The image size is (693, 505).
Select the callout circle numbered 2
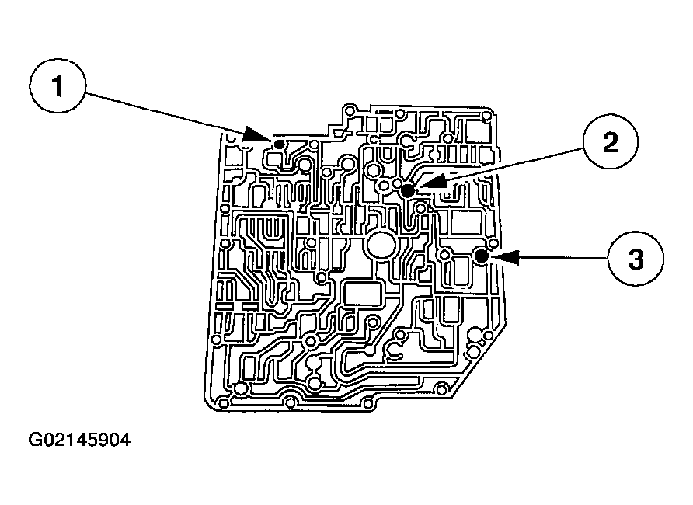point(610,145)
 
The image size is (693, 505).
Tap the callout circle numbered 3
point(636,259)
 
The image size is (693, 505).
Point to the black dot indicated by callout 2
point(406,190)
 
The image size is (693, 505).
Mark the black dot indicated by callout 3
point(482,255)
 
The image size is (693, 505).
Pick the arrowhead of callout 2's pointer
point(427,185)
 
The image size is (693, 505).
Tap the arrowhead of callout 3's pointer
point(501,256)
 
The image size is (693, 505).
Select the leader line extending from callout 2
point(513,165)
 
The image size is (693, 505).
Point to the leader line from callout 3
point(559,257)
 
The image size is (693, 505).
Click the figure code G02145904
point(79,441)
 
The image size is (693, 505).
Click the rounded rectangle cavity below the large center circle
point(361,294)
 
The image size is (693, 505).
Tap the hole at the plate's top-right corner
point(487,117)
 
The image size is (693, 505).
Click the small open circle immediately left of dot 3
point(445,255)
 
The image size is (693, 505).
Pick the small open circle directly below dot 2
point(420,207)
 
